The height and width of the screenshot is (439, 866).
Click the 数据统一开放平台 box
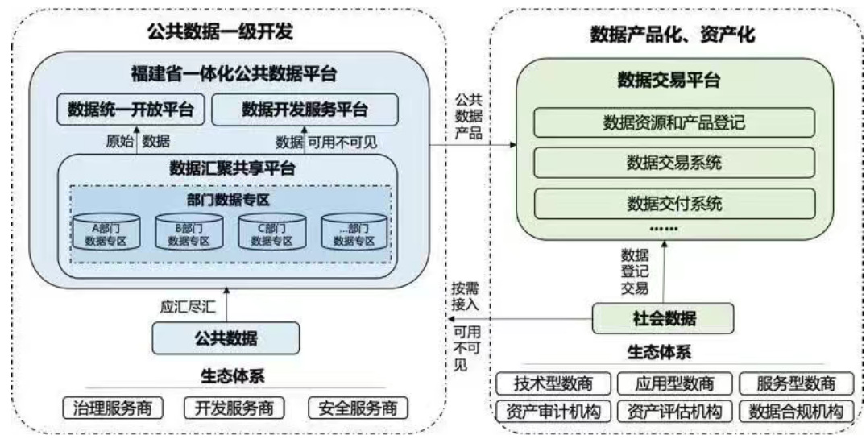(x=130, y=110)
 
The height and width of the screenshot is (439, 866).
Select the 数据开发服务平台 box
(x=305, y=110)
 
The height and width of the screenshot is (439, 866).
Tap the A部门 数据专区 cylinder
(x=106, y=232)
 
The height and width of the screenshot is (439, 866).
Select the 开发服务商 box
(x=229, y=408)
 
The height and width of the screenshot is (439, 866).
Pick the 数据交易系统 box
(x=673, y=163)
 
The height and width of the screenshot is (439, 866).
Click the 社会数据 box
(x=662, y=319)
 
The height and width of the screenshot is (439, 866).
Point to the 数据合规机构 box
(x=795, y=412)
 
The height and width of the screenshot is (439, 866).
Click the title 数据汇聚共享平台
(x=232, y=168)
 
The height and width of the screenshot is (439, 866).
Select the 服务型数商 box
(x=795, y=383)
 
